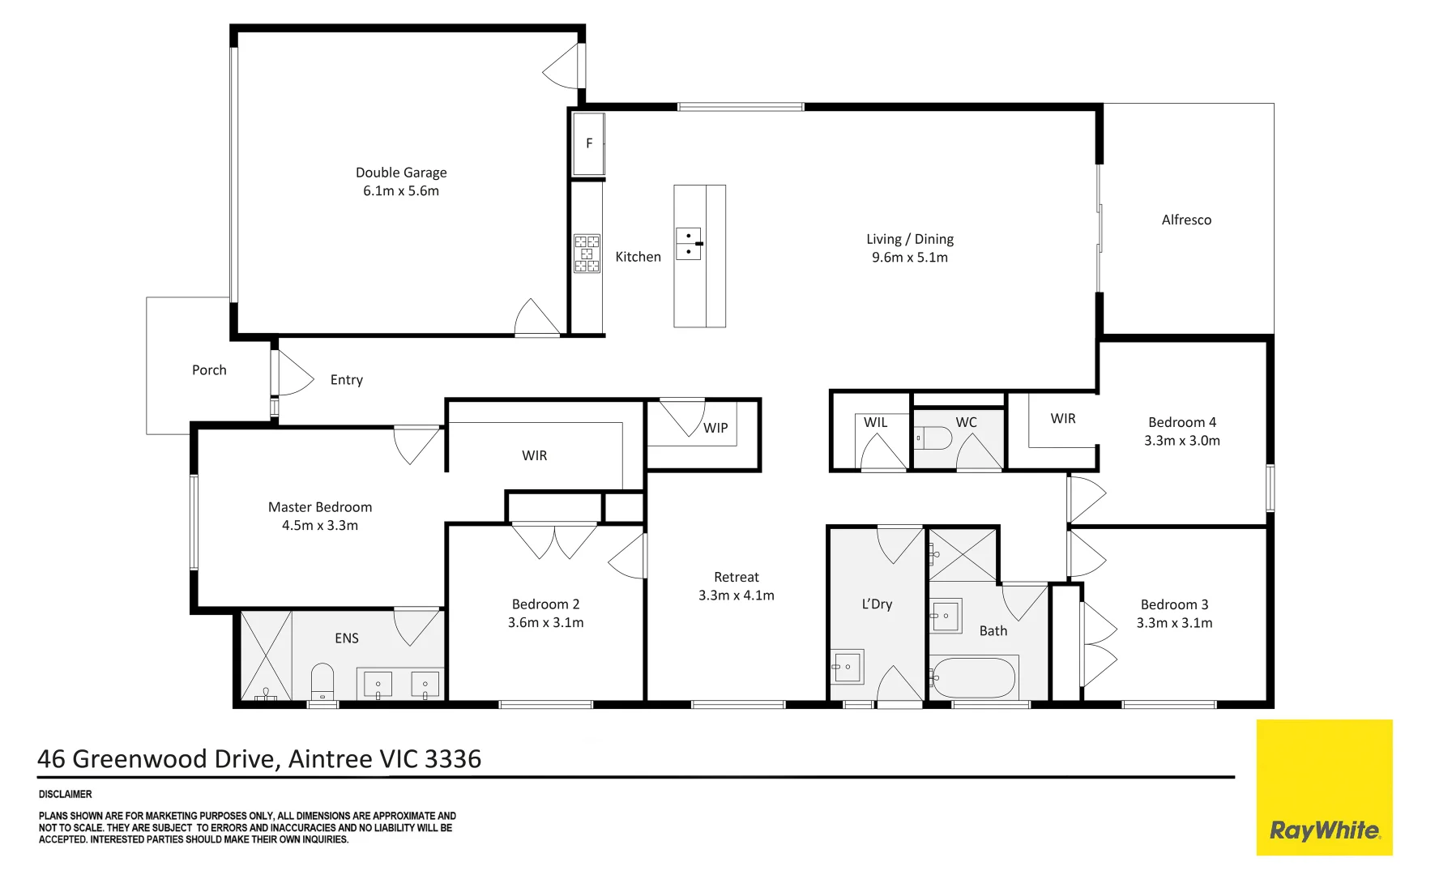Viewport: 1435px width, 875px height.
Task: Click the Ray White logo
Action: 1324,787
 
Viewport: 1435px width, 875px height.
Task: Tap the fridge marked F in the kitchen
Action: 588,144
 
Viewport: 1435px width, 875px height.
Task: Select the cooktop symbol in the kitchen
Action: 587,254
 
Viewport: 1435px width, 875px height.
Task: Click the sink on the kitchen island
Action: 689,243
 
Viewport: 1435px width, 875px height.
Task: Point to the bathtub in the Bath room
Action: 972,677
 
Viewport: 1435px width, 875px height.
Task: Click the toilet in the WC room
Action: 933,438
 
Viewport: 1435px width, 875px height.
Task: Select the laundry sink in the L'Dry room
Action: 848,667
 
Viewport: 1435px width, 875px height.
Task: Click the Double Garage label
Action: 401,173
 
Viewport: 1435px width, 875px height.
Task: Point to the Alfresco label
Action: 1186,220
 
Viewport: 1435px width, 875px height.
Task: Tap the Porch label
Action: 209,369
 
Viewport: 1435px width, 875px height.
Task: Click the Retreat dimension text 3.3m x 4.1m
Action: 737,595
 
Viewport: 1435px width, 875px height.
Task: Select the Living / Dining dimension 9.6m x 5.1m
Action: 910,258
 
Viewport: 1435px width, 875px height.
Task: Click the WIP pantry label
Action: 715,428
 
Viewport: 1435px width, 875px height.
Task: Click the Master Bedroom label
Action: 320,507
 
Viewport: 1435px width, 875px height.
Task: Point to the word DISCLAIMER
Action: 66,794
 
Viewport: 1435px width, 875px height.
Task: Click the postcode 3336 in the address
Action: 453,759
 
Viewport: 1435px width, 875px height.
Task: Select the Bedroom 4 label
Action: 1182,422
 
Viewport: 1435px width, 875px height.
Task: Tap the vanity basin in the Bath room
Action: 946,616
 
